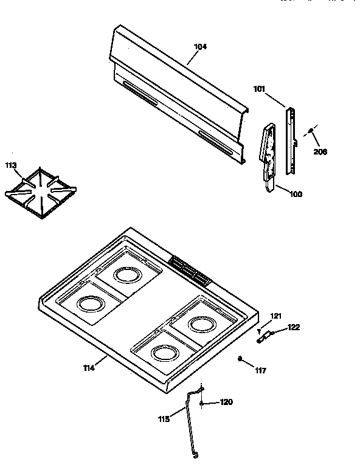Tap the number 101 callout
click(260, 89)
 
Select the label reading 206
click(320, 151)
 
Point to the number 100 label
click(296, 195)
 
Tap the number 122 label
click(294, 328)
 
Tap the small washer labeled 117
click(241, 358)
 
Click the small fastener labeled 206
click(310, 130)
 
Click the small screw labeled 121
click(260, 331)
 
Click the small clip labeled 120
click(201, 403)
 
